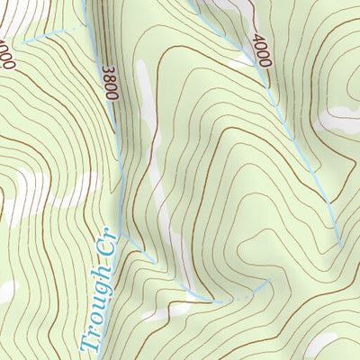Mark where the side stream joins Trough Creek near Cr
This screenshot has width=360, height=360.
[x=126, y=238]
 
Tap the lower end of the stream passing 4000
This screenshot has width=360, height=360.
[x=339, y=244]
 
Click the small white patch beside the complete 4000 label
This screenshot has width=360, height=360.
[x=238, y=63]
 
